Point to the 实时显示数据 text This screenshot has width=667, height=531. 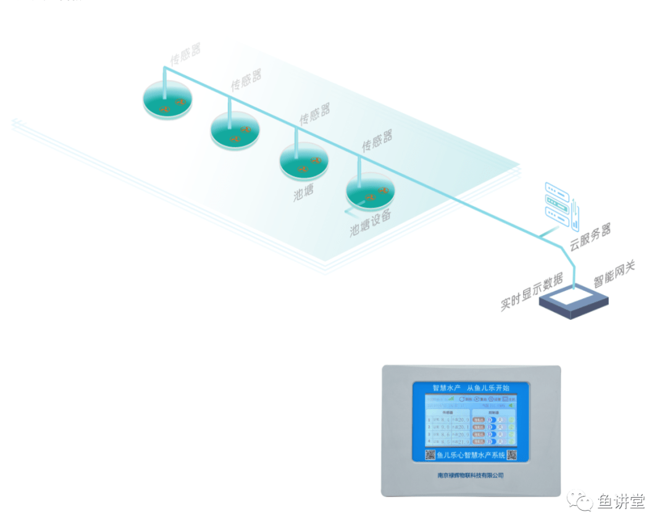[x=532, y=290]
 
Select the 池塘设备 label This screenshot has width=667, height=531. [x=371, y=223]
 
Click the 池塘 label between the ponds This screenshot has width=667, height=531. [x=304, y=193]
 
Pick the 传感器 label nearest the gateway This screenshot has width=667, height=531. [x=377, y=141]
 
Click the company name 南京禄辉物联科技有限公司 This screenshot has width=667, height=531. [x=470, y=475]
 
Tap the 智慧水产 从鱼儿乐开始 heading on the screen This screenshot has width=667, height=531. [x=471, y=388]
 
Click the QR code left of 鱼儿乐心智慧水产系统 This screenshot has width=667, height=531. [x=430, y=455]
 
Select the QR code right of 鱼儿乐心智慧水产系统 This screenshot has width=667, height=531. [x=512, y=455]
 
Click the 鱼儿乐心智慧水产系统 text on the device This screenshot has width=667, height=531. [x=471, y=456]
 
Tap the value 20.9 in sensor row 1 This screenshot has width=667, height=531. [x=460, y=420]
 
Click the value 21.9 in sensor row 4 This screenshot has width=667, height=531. [x=460, y=442]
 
